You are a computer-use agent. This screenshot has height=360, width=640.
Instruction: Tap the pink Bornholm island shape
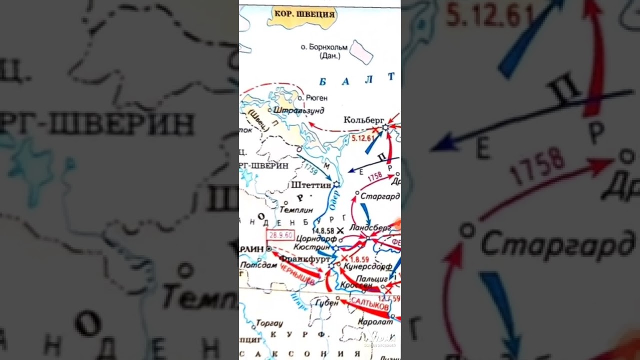click(361, 52)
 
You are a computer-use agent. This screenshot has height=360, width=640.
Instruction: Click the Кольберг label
click(364, 120)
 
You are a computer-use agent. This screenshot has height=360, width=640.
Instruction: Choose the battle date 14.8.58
click(323, 230)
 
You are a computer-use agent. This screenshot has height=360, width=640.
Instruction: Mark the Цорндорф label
click(314, 238)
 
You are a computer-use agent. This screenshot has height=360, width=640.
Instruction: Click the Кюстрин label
click(312, 247)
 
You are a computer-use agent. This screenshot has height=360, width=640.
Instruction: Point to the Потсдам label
click(258, 265)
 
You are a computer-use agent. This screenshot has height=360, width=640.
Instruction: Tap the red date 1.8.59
click(359, 259)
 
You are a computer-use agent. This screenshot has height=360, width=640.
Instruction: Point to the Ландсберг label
click(370, 227)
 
